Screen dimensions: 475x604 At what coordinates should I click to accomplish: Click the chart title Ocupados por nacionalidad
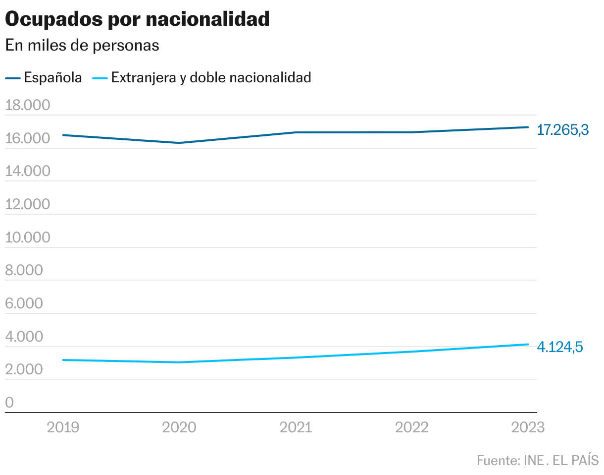click(x=137, y=19)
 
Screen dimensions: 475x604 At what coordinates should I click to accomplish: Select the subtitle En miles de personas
click(x=82, y=45)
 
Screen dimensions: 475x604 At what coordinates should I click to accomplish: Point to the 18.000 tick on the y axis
click(x=28, y=106)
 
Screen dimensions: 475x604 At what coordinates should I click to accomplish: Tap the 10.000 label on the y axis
click(x=28, y=237)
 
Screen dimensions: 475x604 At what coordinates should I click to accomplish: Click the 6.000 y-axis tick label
click(x=24, y=303)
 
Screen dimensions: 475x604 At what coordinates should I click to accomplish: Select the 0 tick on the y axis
click(x=9, y=403)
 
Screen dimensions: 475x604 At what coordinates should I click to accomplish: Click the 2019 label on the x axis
click(x=63, y=427)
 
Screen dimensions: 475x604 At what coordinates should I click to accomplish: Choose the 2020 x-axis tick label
click(x=179, y=427)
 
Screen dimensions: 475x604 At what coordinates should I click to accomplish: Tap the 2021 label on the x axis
click(x=296, y=427)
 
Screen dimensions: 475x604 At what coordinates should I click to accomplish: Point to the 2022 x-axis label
click(x=412, y=427)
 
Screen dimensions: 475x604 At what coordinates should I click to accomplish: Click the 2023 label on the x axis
click(x=528, y=427)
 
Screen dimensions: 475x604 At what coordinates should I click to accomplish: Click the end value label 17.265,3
click(x=563, y=130)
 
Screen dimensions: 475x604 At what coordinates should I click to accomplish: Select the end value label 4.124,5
click(x=560, y=347)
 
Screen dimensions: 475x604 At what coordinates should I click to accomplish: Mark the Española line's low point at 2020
click(x=179, y=143)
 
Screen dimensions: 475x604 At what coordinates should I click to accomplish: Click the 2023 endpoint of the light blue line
click(x=528, y=344)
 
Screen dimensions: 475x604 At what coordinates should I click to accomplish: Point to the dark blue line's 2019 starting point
click(x=63, y=135)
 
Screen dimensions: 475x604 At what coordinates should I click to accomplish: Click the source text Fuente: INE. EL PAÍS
click(x=538, y=460)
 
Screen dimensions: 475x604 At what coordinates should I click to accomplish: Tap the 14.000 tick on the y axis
click(x=28, y=172)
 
